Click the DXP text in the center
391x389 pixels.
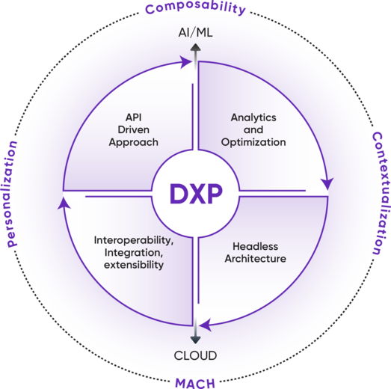[x=196, y=194]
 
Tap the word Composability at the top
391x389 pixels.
[x=196, y=8]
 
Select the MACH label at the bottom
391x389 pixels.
[x=195, y=383]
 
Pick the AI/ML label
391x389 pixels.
[x=196, y=33]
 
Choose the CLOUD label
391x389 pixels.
[x=195, y=355]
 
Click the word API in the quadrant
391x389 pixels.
[x=134, y=117]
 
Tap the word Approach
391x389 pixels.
[x=134, y=143]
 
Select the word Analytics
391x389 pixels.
[x=253, y=117]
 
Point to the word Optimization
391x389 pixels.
[x=253, y=143]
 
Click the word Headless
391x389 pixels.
[x=256, y=247]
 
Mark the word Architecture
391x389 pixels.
[x=256, y=259]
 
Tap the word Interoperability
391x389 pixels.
[x=134, y=241]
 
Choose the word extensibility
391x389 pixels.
[x=134, y=265]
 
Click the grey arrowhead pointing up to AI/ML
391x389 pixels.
[x=196, y=47]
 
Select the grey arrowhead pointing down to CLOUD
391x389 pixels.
[x=196, y=340]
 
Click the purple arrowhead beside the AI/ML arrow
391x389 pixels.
[x=185, y=62]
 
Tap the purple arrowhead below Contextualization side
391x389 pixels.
[x=327, y=184]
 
